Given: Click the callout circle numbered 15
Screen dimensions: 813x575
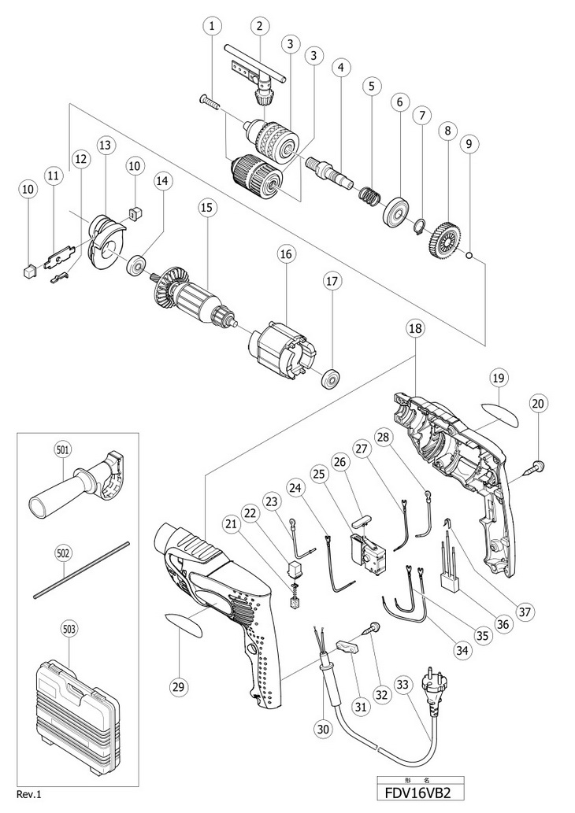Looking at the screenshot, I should (x=206, y=208).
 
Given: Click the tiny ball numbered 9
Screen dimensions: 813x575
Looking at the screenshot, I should (x=469, y=255).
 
